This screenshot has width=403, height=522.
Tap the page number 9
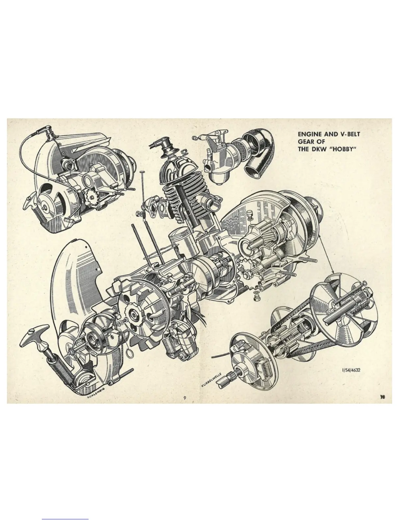pos(185,398)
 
